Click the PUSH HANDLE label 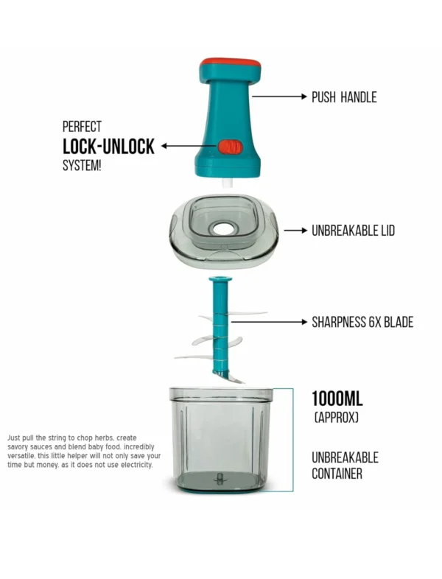[x=344, y=96]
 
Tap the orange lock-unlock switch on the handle [x=228, y=147]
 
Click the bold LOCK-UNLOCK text [x=108, y=146]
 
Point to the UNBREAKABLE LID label [x=353, y=231]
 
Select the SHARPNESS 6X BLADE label [x=362, y=322]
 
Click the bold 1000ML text [x=337, y=399]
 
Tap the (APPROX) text [x=337, y=418]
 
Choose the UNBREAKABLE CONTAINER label [x=345, y=466]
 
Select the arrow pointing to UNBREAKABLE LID [x=295, y=231]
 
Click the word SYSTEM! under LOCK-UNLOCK [x=82, y=165]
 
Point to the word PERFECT [x=82, y=126]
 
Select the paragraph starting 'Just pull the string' [x=84, y=450]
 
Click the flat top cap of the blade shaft [x=220, y=281]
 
